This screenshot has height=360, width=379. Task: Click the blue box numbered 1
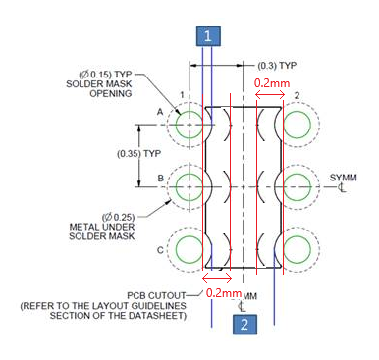(208, 36)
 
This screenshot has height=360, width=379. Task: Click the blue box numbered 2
(244, 325)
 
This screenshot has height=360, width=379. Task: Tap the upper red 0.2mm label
(272, 83)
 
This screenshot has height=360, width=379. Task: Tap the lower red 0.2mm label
(224, 292)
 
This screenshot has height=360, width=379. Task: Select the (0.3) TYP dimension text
(277, 66)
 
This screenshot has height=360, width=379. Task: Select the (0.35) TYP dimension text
(139, 153)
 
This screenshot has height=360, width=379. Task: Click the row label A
(160, 112)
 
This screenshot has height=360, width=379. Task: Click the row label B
(161, 179)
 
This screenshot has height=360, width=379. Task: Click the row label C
(160, 250)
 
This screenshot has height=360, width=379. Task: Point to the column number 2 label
(297, 95)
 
